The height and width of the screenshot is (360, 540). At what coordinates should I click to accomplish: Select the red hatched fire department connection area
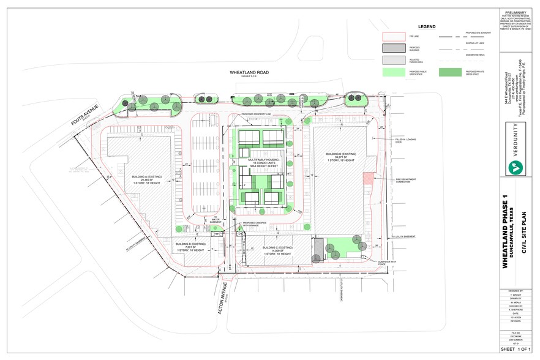(367, 177)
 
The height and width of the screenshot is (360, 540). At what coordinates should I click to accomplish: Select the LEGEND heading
(426, 27)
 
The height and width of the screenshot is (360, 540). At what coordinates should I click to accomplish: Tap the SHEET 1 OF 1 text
(513, 349)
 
